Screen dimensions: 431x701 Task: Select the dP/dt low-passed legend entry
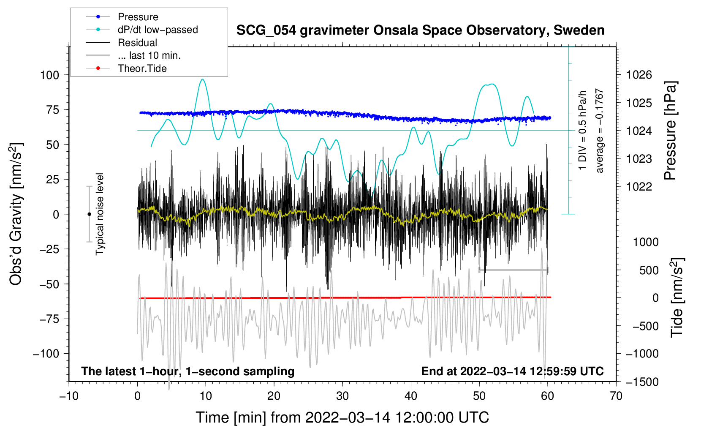tap(158, 30)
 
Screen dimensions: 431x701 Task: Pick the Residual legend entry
tap(137, 43)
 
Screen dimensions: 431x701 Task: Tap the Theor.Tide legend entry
tap(142, 68)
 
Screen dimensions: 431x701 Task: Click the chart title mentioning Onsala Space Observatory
tap(420, 30)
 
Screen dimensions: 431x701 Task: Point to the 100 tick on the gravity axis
tap(49, 75)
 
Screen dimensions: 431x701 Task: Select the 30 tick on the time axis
tap(342, 396)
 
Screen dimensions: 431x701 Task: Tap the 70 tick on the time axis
tap(616, 396)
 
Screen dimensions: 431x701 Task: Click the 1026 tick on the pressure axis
tap(639, 75)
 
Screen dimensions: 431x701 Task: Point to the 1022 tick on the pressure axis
tap(639, 187)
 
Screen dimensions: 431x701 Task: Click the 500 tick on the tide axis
tap(649, 270)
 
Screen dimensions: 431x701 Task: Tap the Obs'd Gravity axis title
tap(16, 214)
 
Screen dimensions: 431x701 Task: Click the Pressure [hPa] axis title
tap(670, 131)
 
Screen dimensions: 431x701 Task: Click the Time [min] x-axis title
tap(342, 417)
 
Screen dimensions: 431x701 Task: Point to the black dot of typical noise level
tap(89, 214)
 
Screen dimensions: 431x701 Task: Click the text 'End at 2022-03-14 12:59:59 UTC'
tap(512, 371)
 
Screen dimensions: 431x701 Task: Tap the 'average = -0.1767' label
tap(600, 131)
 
